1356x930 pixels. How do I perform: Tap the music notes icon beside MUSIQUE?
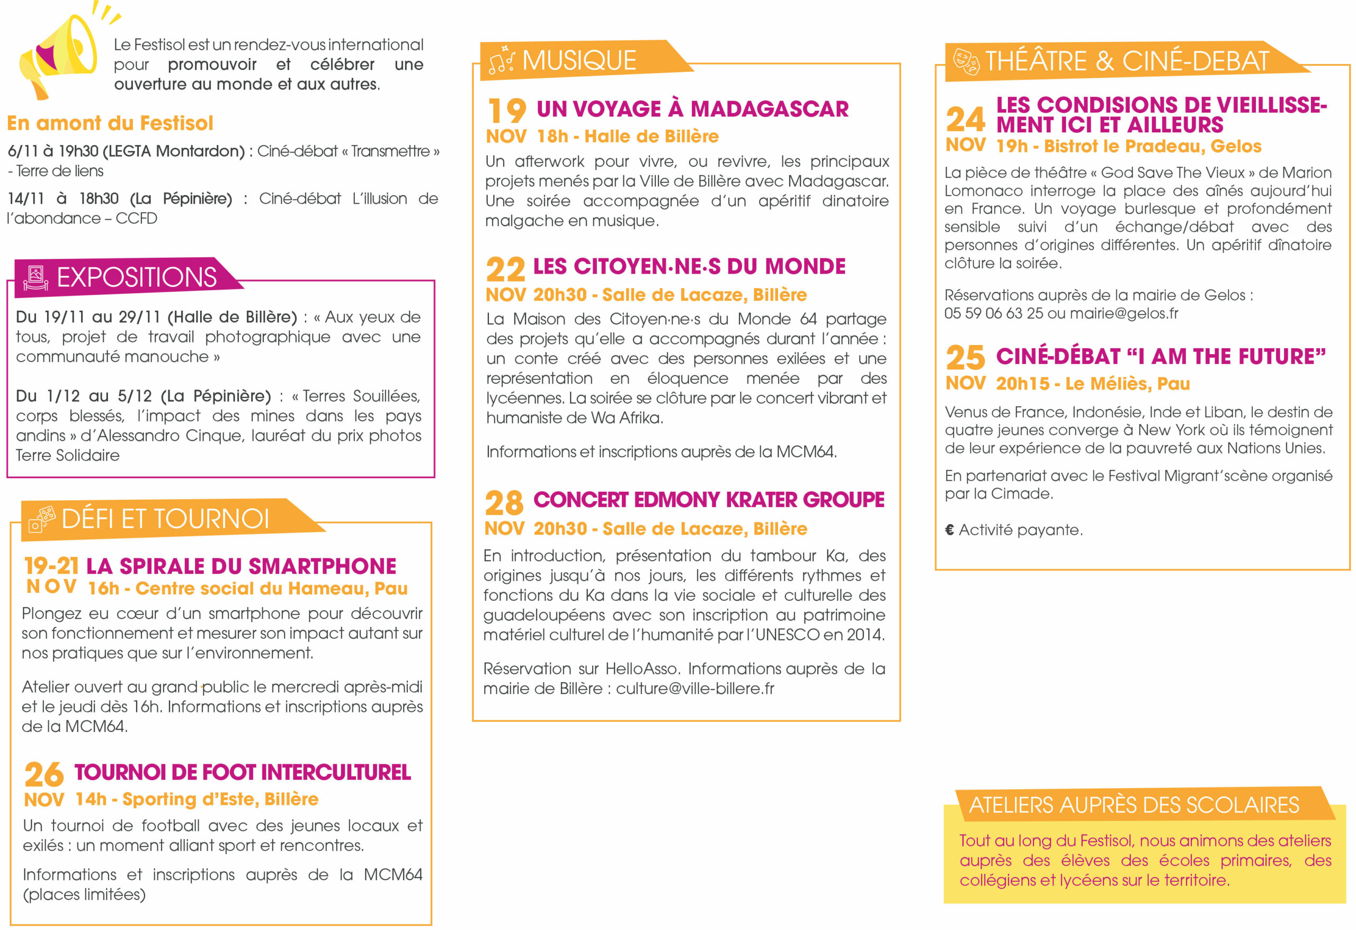click(501, 60)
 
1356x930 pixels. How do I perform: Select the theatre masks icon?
click(966, 61)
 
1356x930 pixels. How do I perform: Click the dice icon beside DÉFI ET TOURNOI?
click(42, 518)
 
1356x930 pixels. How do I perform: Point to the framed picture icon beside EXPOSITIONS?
click(35, 277)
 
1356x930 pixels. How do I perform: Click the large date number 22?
click(505, 270)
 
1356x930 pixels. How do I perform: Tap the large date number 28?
click(504, 503)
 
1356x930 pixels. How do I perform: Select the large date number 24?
click(966, 120)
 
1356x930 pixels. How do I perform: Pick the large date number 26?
click(44, 774)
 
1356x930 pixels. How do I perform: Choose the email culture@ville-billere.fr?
click(695, 689)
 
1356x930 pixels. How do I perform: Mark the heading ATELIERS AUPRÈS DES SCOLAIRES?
click(1134, 805)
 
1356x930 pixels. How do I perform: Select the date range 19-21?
click(51, 566)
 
